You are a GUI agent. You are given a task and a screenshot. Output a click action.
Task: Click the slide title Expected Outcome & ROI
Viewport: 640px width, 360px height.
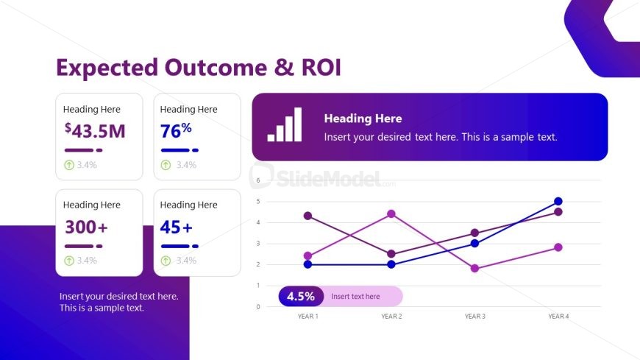[199, 67]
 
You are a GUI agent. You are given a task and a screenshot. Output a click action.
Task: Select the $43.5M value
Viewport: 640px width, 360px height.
[95, 131]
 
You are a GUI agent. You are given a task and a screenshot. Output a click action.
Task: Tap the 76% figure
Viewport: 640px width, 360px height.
[176, 131]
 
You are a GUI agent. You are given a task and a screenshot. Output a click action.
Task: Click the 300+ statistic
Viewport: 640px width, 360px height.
[86, 227]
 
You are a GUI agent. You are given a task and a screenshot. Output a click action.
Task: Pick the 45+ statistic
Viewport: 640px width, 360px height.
[176, 227]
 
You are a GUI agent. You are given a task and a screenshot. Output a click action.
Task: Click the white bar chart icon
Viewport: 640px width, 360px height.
[284, 125]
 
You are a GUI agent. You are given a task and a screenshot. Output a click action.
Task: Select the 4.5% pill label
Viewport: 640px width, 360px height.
[301, 296]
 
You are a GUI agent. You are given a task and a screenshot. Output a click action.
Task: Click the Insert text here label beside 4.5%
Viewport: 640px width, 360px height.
[355, 297]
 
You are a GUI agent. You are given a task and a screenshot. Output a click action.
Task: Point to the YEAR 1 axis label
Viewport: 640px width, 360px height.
[307, 317]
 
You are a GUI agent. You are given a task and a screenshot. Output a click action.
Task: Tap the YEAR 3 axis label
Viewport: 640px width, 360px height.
[474, 317]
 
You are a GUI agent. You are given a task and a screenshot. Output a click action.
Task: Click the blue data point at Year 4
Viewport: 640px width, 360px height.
[558, 201]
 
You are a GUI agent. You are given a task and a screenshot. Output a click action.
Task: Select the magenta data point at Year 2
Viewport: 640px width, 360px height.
[391, 213]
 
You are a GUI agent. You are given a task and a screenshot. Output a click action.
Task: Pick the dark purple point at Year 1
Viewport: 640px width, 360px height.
[307, 216]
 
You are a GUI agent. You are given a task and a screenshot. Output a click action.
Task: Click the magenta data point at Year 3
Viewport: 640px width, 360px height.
[474, 269]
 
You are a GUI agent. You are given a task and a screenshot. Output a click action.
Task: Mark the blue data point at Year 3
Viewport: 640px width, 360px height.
[474, 243]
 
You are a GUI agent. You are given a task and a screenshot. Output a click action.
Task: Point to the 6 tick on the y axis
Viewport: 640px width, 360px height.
[258, 180]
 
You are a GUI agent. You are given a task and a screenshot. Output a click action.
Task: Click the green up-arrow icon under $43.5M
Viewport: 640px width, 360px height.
[69, 165]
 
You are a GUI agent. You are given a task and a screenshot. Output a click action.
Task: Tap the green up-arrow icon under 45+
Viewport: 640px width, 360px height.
[166, 261]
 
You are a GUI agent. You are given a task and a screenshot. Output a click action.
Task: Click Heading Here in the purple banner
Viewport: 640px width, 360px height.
[363, 119]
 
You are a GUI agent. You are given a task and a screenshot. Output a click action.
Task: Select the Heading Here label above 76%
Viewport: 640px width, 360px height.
[188, 109]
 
